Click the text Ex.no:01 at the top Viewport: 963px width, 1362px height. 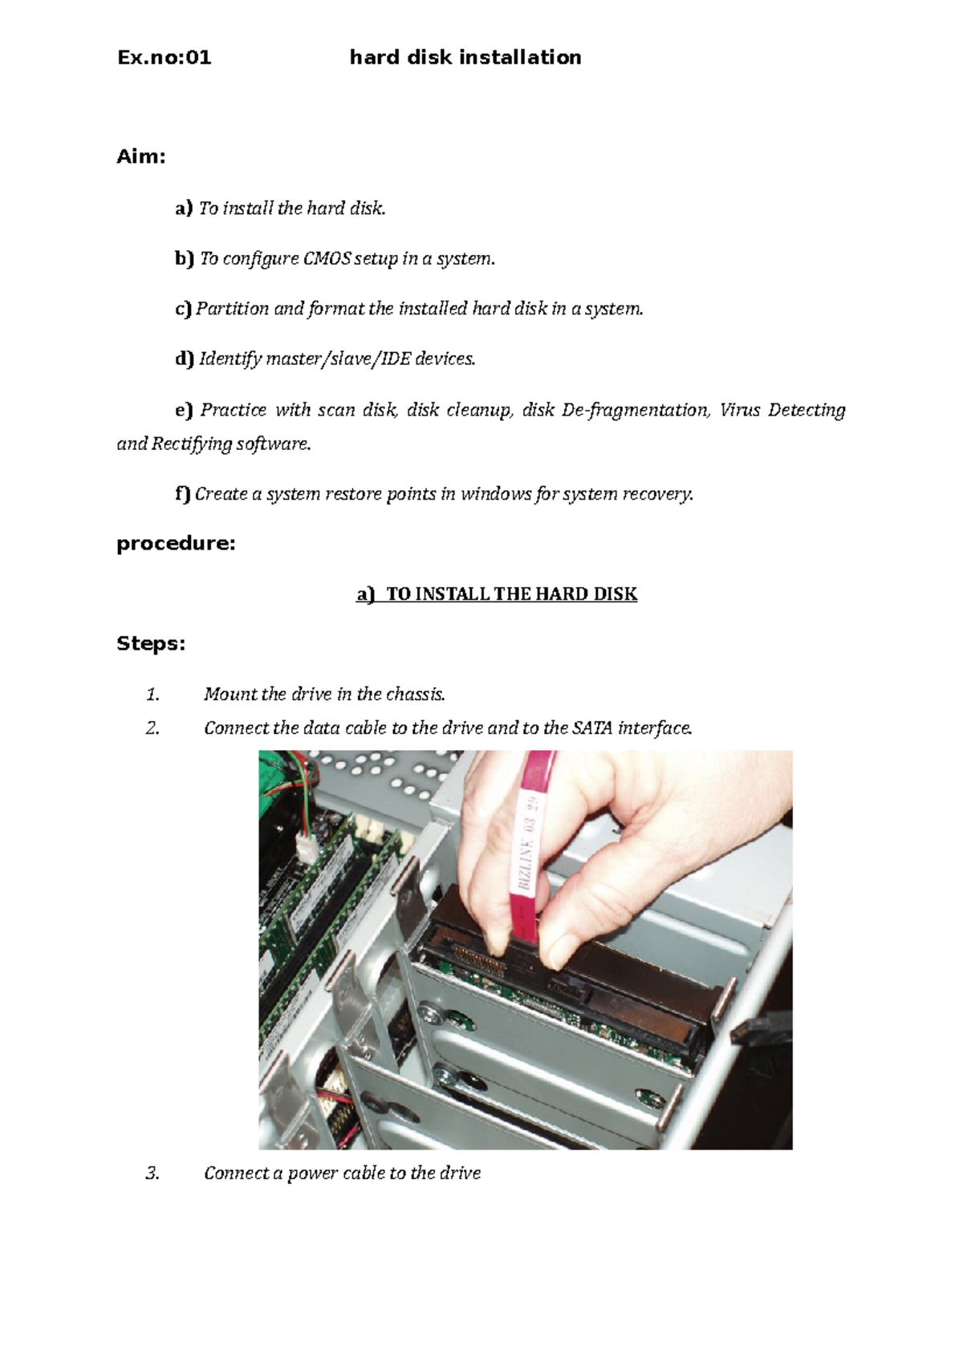164,58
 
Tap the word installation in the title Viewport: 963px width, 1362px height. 518,58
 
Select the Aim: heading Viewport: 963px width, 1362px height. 141,156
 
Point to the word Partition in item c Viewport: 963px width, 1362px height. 232,309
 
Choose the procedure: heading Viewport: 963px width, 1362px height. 176,544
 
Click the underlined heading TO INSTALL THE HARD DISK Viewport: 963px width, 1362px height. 511,594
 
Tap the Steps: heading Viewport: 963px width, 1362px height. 151,644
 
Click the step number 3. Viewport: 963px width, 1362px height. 152,1174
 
